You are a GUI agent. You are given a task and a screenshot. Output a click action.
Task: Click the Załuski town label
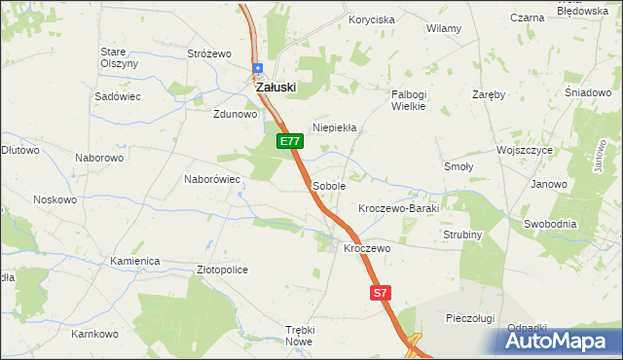pos(275,87)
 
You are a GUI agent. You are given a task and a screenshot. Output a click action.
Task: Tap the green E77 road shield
pos(289,141)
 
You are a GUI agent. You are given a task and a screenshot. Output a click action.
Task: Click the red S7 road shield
pos(381,292)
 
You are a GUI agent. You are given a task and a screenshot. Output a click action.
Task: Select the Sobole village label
pos(329,185)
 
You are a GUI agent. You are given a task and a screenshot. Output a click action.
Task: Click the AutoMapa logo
pos(561,341)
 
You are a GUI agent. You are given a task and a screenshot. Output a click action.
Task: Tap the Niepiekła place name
pos(334,127)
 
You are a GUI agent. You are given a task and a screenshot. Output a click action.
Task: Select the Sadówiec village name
pos(119,97)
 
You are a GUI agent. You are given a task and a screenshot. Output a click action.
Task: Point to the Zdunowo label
pos(235,113)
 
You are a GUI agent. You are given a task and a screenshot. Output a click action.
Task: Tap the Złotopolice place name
pos(222,270)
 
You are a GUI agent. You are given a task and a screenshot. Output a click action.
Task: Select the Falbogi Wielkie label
pos(409,100)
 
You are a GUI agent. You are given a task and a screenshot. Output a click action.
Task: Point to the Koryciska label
pos(372,19)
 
